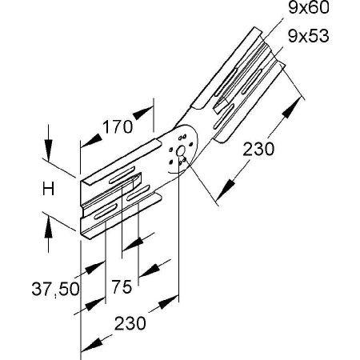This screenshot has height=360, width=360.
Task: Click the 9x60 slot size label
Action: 309,8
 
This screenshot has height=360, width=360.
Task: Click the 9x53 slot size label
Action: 309,36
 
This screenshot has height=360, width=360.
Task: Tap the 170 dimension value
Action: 118,127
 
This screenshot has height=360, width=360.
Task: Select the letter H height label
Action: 48,189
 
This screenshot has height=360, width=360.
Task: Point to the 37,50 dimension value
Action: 55,289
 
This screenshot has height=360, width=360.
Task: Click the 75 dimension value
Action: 122,287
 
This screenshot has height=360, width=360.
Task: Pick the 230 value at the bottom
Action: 130,323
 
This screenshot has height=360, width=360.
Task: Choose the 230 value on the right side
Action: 258,149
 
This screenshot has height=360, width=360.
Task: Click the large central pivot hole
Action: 181,150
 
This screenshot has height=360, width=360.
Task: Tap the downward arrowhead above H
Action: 48,150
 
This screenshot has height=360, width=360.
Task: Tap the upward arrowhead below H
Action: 48,226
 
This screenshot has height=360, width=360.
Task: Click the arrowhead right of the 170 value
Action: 143,113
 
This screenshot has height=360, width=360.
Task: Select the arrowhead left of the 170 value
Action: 91,141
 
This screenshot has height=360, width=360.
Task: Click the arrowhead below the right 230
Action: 225,190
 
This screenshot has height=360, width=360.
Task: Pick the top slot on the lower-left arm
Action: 122,174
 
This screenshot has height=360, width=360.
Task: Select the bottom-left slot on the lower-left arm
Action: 106,212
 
